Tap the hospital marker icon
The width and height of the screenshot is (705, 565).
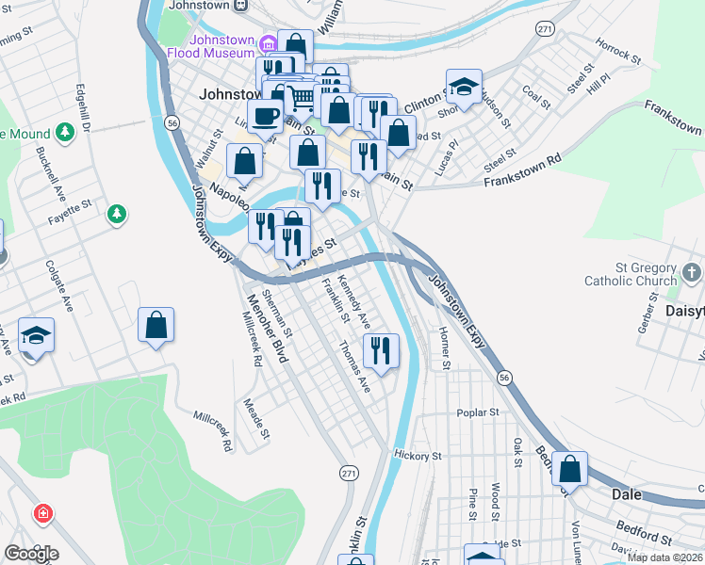coord(42,513)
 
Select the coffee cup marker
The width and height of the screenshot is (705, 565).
coord(265,117)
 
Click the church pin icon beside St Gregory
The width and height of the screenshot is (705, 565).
coord(694,274)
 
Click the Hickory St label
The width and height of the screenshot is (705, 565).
coord(418,456)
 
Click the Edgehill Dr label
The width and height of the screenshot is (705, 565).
coord(84,108)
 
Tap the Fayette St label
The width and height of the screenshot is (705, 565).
coord(70,204)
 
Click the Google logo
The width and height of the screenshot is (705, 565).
coord(30,553)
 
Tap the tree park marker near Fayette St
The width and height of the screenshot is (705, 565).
coord(117,215)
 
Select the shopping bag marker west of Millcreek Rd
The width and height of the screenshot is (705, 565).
coord(156,326)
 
